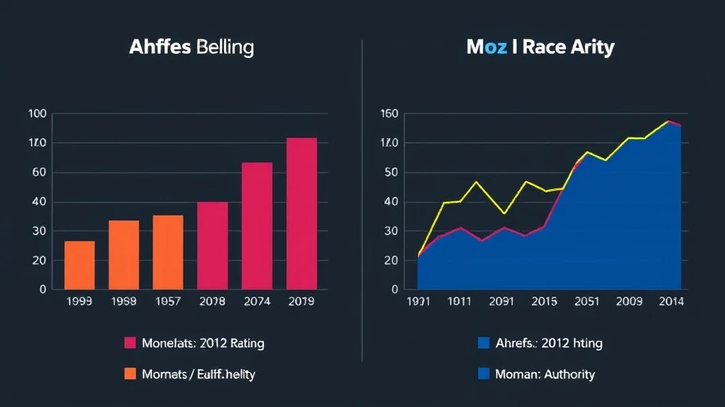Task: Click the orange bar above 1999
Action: pos(79,265)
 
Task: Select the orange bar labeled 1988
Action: pos(124,254)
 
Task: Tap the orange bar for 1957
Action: pos(168,252)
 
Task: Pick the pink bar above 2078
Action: pos(212,245)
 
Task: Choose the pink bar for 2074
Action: pos(257,226)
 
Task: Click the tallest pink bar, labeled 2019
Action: pos(301,213)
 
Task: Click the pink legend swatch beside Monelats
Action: pos(130,343)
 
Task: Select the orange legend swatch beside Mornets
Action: pos(130,374)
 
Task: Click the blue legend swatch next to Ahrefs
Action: pos(483,343)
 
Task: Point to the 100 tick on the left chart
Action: pos(37,114)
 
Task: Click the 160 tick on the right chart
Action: pos(389,114)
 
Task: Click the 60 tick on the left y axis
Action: pos(39,172)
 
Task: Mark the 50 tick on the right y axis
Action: pos(390,172)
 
